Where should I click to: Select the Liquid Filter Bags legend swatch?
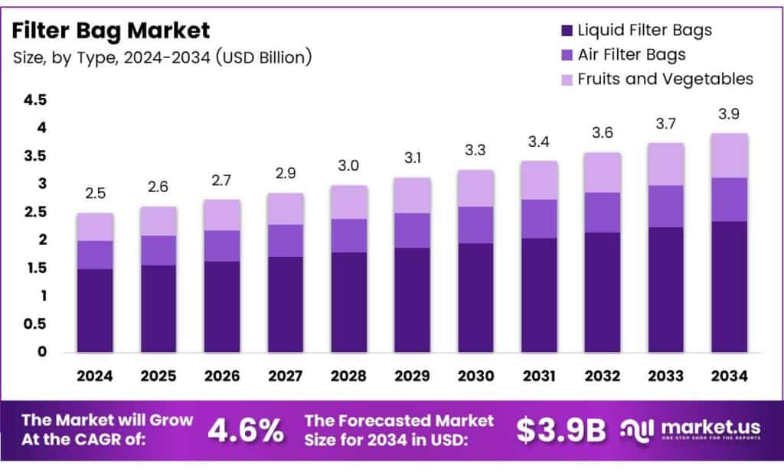(x=567, y=31)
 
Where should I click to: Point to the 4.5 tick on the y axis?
(x=35, y=100)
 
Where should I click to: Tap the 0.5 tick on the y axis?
(x=35, y=324)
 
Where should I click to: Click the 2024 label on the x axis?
(x=95, y=376)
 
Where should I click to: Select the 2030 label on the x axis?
(x=475, y=376)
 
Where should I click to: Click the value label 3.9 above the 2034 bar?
(x=729, y=114)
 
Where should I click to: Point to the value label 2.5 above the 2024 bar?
(x=95, y=194)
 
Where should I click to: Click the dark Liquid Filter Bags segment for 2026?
(x=221, y=306)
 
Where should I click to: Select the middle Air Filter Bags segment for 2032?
(x=603, y=212)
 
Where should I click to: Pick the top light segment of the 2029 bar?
(x=412, y=195)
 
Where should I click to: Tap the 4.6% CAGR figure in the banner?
(x=246, y=431)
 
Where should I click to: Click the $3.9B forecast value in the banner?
(x=560, y=431)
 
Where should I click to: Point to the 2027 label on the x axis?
(x=285, y=376)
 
